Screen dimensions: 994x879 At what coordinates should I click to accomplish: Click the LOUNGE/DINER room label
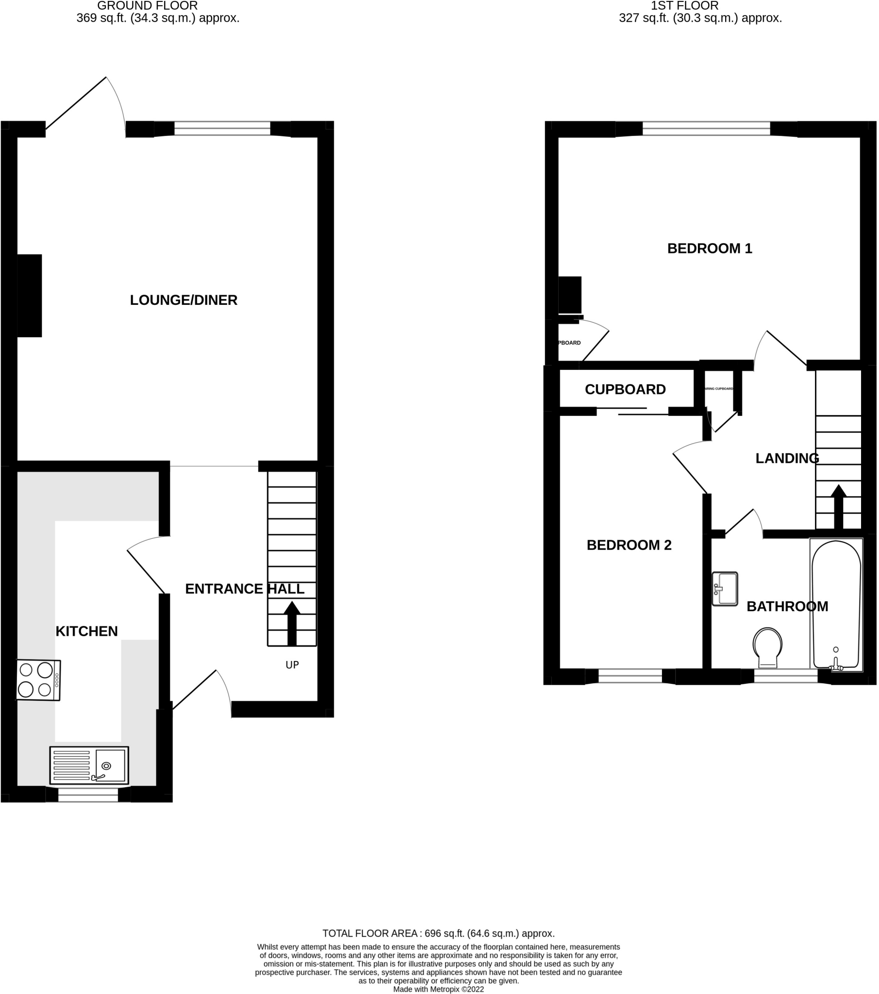183,300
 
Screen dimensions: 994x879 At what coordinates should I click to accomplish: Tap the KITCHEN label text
86,631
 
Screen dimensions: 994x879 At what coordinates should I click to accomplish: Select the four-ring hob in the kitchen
38,680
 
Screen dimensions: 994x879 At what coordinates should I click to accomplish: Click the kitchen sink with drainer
89,765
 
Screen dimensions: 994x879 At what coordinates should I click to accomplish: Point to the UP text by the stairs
292,665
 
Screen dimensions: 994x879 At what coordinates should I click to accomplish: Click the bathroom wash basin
725,588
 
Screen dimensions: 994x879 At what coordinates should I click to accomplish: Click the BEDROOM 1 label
709,248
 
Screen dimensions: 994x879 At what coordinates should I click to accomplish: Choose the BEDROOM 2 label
629,545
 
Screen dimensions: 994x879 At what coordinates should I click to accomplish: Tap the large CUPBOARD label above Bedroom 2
625,390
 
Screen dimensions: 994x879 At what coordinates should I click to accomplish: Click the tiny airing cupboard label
719,389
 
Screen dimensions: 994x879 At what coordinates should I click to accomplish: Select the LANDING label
787,458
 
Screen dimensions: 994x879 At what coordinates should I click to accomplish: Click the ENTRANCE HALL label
244,589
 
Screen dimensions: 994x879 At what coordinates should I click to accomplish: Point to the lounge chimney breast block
30,296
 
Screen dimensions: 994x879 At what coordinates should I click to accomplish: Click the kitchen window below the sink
88,795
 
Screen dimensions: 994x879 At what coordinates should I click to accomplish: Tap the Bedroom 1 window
706,129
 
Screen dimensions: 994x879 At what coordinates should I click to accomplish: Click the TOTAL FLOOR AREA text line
438,933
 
